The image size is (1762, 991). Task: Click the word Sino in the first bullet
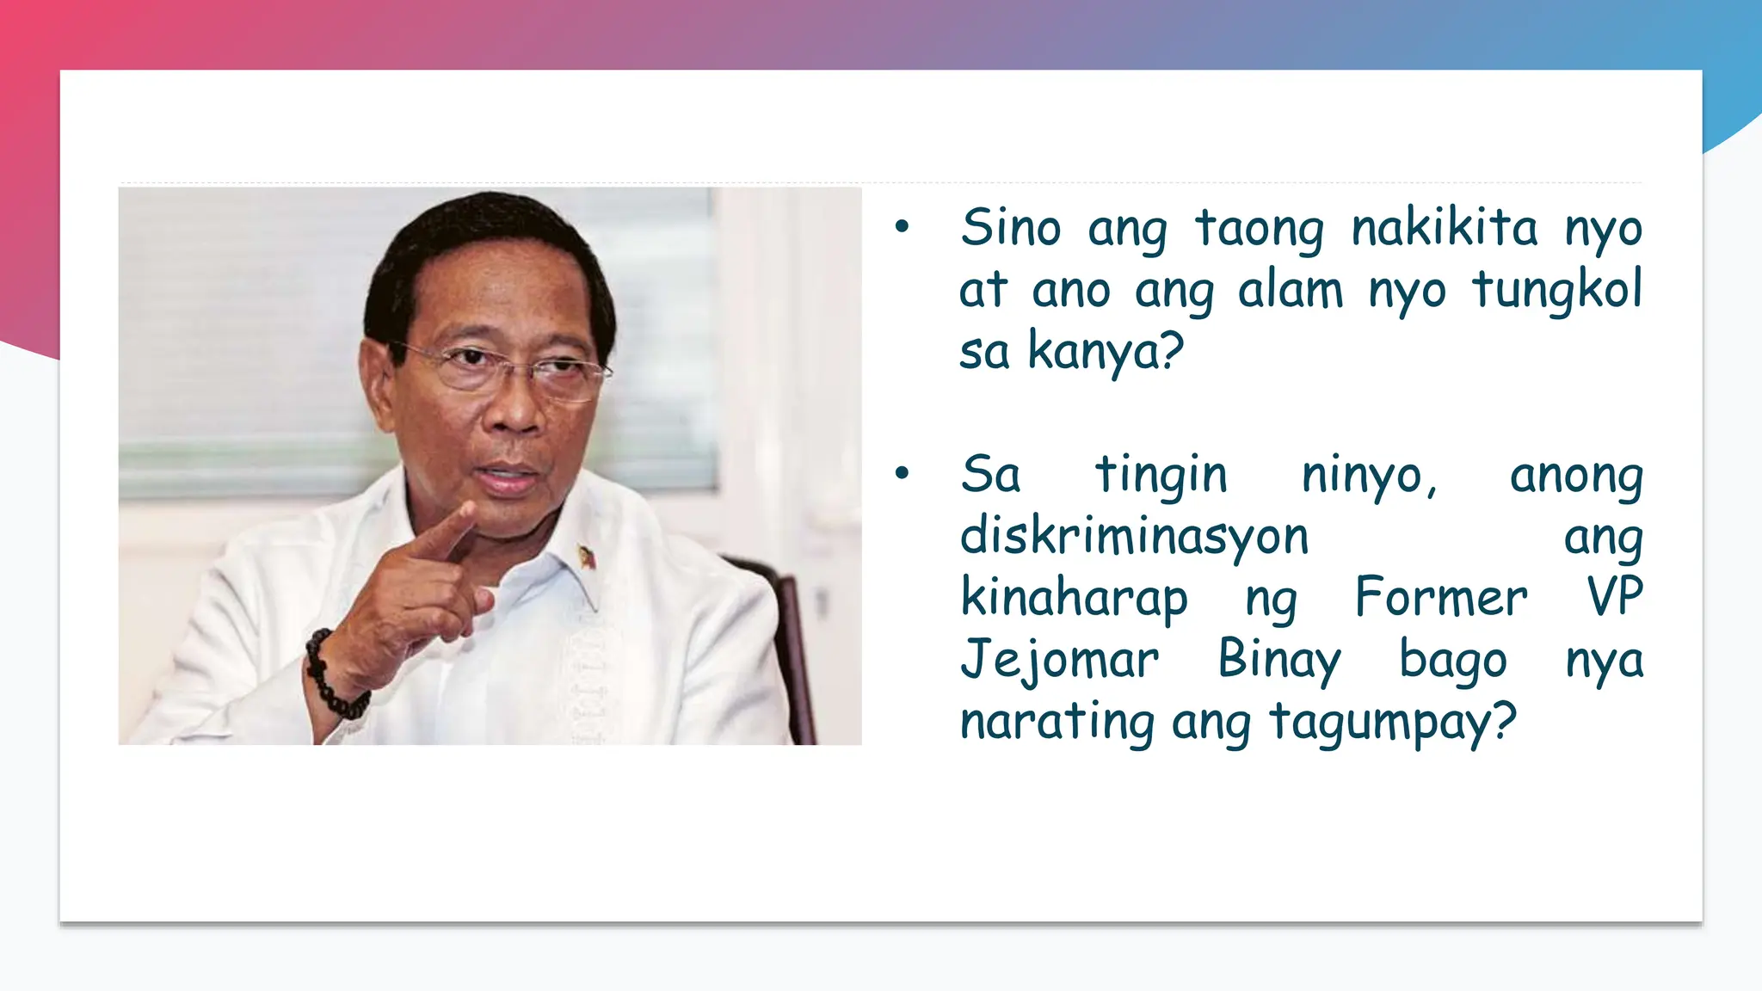point(1010,228)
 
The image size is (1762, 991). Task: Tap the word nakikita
point(1444,228)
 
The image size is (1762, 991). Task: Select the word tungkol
point(1556,290)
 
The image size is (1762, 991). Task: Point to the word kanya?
point(1106,352)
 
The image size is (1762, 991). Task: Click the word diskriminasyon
point(1134,536)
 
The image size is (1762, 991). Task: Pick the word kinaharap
point(1074,598)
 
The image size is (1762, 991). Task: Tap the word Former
point(1441,598)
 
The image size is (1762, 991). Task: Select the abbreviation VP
point(1615,598)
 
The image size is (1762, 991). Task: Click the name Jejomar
point(1059,660)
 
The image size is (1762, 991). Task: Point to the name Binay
point(1279,660)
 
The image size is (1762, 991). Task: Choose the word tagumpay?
point(1392,722)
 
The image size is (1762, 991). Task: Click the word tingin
point(1161,475)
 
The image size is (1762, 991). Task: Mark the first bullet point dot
point(902,227)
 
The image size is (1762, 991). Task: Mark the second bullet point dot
point(902,473)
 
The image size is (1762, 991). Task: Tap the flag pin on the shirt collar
point(588,557)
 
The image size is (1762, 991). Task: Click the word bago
point(1452,660)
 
